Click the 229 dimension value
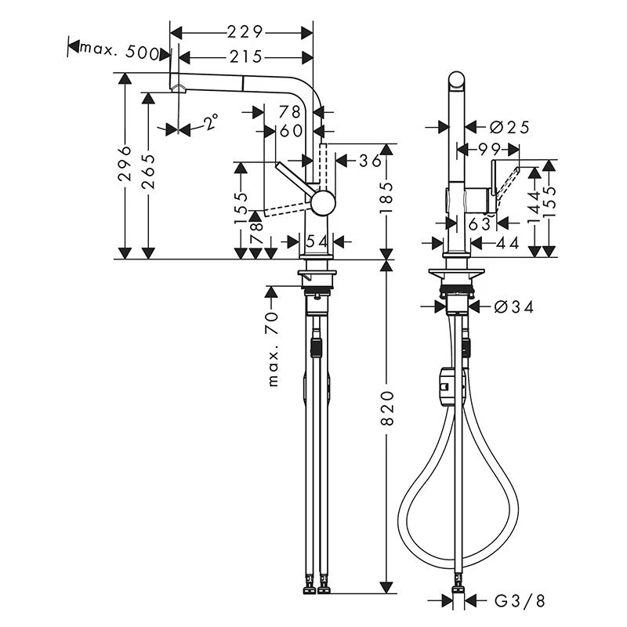click(245, 32)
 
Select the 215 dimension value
click(246, 57)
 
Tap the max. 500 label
click(119, 51)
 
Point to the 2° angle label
click(212, 121)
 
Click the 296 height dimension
click(125, 163)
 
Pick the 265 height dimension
click(148, 171)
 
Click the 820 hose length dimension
click(387, 408)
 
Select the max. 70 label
click(273, 349)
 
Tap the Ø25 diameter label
click(509, 128)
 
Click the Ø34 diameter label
click(514, 307)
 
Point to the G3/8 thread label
click(520, 600)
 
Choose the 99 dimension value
click(490, 150)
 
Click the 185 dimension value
click(387, 198)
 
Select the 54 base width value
click(317, 241)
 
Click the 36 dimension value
click(370, 161)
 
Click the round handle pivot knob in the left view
click(323, 203)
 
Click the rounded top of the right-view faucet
click(457, 79)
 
